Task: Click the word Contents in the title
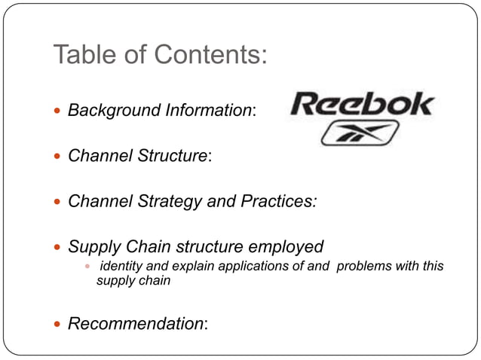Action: pos(210,55)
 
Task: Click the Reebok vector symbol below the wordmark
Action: pos(349,133)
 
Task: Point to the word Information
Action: pos(203,111)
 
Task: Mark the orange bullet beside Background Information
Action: pos(60,111)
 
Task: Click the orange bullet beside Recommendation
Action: pos(60,325)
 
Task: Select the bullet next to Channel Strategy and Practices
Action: pos(60,202)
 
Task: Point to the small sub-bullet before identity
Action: pos(87,267)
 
